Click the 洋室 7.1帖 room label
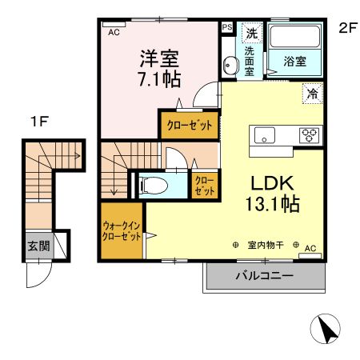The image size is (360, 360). [x=160, y=69]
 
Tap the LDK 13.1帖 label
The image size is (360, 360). [x=273, y=194]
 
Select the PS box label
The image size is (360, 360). [x=227, y=27]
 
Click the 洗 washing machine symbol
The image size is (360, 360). [x=252, y=33]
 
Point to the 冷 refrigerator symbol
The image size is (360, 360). [x=313, y=94]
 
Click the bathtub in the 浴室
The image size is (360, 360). [x=294, y=37]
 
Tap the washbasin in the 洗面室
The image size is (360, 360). [x=230, y=65]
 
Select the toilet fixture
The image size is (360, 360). [x=153, y=186]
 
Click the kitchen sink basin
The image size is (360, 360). [x=264, y=135]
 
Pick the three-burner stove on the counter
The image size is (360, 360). [x=310, y=135]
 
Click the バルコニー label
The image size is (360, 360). [x=264, y=275]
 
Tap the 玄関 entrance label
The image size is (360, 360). [x=39, y=246]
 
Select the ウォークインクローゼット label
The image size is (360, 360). [x=122, y=231]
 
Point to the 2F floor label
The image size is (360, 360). [x=348, y=28]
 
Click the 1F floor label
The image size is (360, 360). [x=39, y=122]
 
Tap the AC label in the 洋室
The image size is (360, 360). [x=114, y=32]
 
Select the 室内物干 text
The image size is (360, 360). [x=266, y=245]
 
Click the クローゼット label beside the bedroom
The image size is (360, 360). [x=190, y=125]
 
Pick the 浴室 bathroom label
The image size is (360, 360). [x=294, y=62]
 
